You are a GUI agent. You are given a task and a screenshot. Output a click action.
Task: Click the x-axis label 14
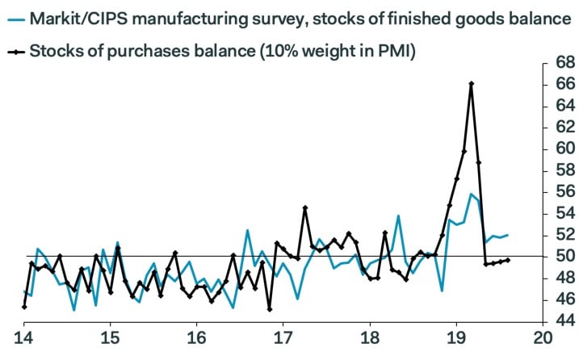tap(23, 337)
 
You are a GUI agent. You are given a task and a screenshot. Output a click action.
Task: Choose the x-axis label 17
tap(283, 337)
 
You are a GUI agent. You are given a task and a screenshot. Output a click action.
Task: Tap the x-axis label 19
tap(456, 337)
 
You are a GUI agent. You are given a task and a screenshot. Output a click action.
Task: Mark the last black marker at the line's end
tap(507, 260)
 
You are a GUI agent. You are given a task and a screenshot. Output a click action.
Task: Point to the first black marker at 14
tap(24, 307)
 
